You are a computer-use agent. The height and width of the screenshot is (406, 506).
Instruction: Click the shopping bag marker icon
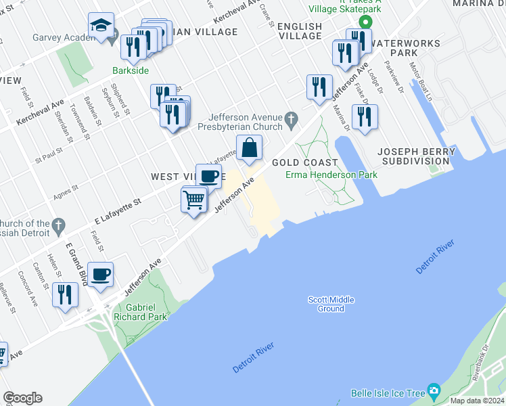[x=249, y=147]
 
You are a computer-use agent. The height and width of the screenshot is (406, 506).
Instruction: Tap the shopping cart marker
[x=194, y=200]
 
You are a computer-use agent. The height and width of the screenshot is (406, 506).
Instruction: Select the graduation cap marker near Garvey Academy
[x=101, y=26]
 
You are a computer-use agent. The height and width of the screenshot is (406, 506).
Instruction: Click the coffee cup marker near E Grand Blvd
[x=100, y=275]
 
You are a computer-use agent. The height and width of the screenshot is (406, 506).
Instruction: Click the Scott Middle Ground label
[x=331, y=304]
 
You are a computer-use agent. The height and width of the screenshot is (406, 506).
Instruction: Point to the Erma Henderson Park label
[x=331, y=175]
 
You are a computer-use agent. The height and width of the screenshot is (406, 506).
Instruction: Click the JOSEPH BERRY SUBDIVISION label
[x=414, y=156]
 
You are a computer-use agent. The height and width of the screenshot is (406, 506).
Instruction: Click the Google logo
[x=22, y=398]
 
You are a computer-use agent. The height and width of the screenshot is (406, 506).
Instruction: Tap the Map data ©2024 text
[x=477, y=401]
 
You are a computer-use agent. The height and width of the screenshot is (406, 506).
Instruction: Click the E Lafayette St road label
[x=118, y=210]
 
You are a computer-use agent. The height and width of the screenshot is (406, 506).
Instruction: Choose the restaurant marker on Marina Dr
[x=365, y=116]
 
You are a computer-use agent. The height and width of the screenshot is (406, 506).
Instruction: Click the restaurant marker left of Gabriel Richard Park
[x=65, y=295]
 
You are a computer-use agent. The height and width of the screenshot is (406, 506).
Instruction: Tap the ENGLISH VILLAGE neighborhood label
[x=300, y=31]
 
